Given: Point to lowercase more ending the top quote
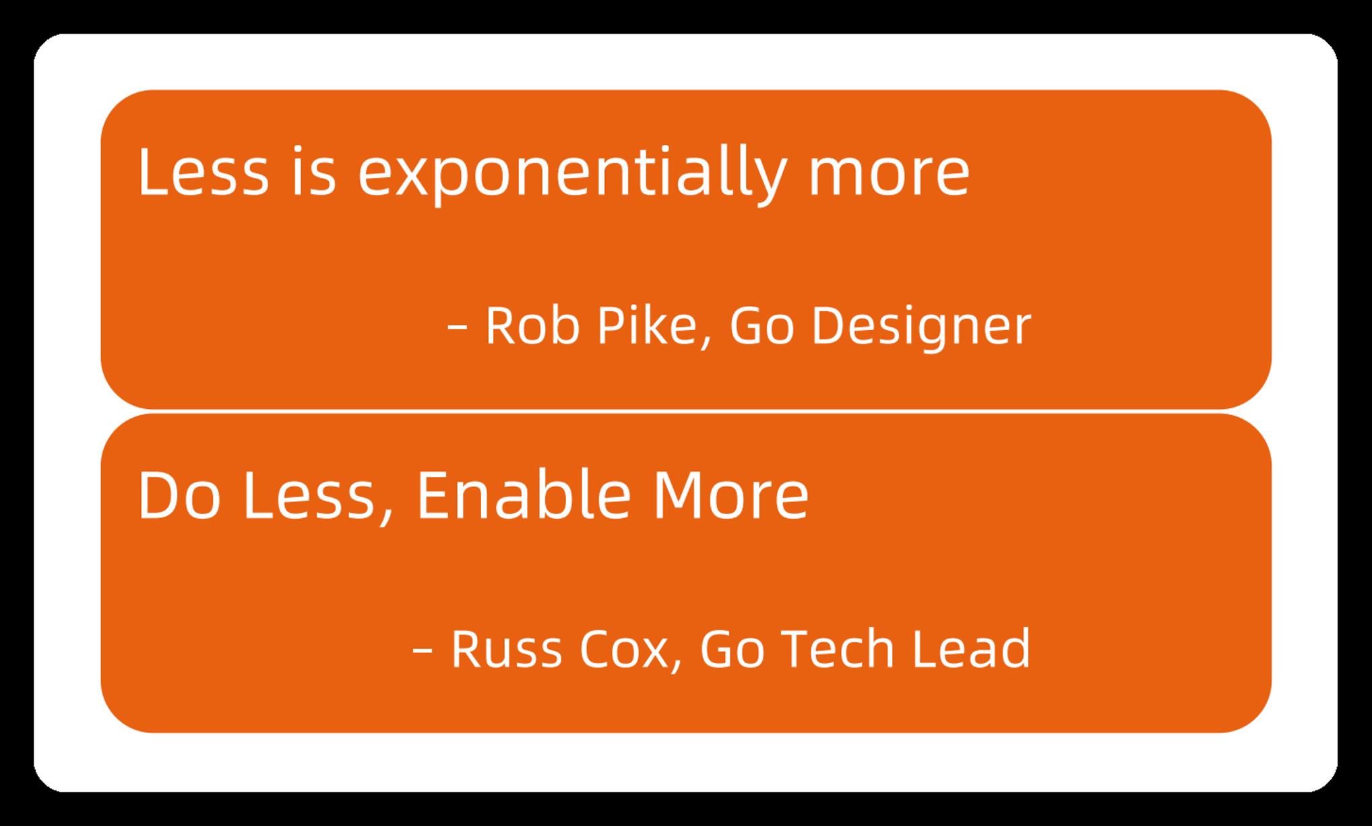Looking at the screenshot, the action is [x=889, y=177].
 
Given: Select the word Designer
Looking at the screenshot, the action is [x=921, y=328].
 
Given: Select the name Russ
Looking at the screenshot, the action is [x=506, y=649].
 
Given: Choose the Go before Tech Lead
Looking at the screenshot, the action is [x=732, y=649].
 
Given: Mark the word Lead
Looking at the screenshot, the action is [x=971, y=648].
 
